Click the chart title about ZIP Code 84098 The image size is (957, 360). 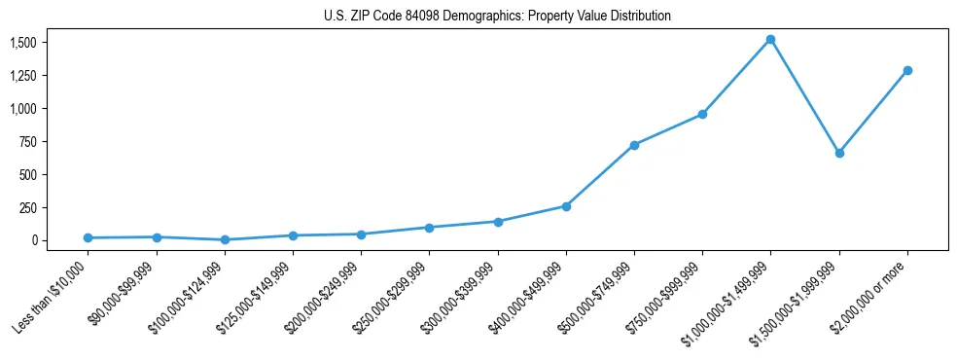(x=497, y=16)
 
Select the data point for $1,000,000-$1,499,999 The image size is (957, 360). (x=770, y=40)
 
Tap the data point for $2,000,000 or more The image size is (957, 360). (x=907, y=70)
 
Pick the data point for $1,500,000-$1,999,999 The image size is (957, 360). (x=839, y=153)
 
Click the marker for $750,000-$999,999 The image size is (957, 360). (x=702, y=115)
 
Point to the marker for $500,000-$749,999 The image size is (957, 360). (x=634, y=145)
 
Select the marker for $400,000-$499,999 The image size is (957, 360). (x=566, y=206)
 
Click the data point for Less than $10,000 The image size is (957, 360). (x=88, y=237)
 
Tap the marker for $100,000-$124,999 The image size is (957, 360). (x=225, y=239)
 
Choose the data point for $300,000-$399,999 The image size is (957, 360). (x=498, y=222)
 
